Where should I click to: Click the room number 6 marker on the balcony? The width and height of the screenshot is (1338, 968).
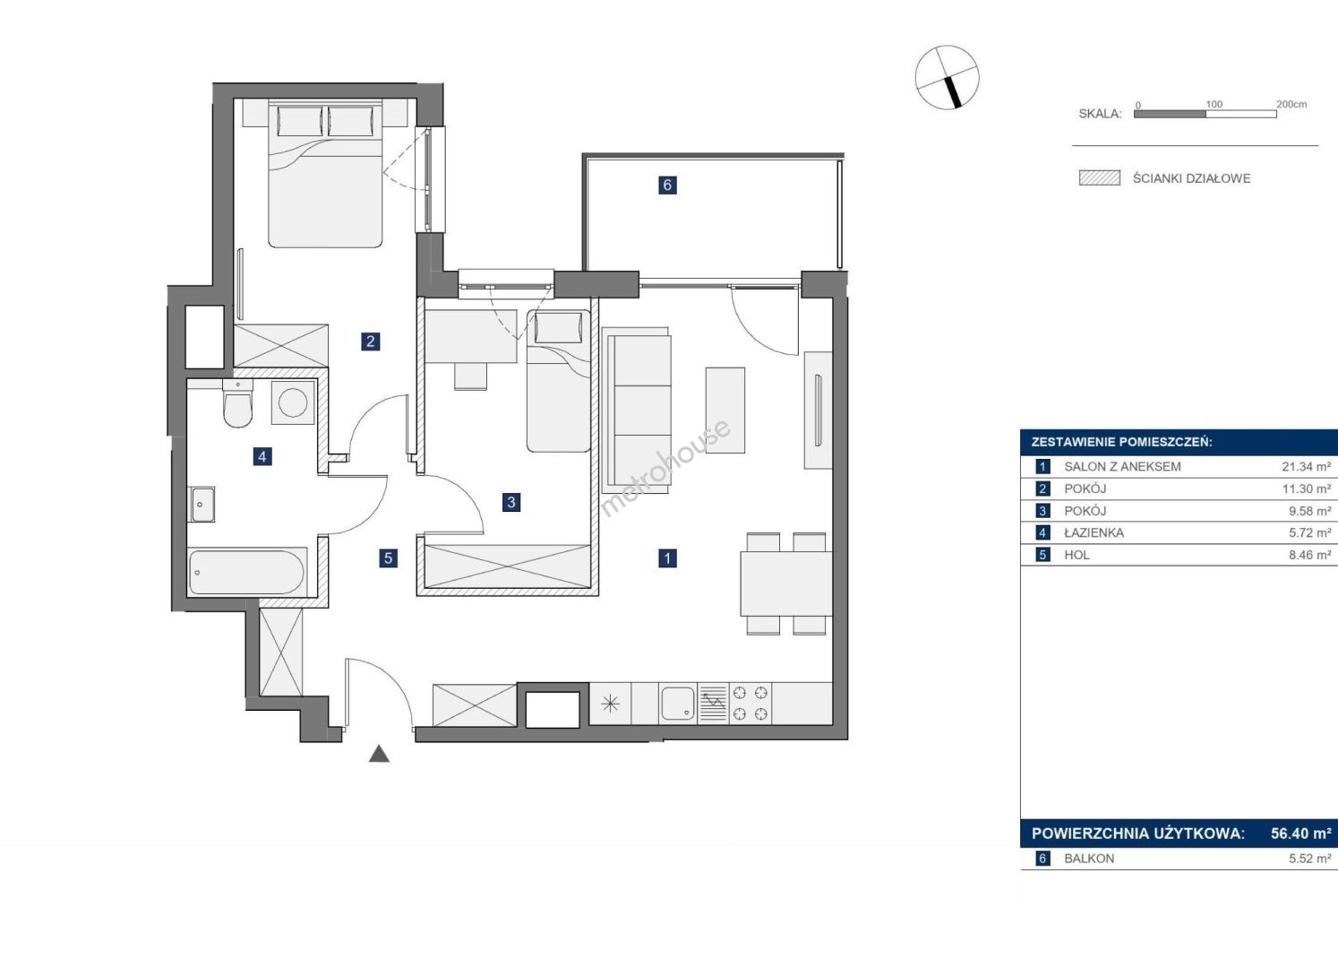click(667, 185)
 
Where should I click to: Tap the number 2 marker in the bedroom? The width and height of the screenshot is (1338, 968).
click(371, 341)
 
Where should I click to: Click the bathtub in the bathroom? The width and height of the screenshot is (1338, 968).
click(246, 572)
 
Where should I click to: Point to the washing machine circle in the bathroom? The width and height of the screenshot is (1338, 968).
click(293, 402)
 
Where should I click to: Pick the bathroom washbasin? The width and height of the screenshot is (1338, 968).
click(202, 504)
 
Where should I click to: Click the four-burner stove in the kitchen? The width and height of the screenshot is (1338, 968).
click(750, 703)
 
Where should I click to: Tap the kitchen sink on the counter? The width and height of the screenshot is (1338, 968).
click(677, 703)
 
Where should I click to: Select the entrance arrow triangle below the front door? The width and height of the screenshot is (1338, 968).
click(379, 754)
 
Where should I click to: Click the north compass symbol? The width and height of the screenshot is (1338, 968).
click(948, 77)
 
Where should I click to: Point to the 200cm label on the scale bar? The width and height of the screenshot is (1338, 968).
click(1291, 104)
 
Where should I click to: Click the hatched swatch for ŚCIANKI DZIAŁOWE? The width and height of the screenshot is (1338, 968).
click(1099, 178)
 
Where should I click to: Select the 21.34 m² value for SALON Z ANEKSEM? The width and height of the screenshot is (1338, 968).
click(1307, 466)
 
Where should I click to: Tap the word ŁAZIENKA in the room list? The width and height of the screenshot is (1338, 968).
click(1094, 532)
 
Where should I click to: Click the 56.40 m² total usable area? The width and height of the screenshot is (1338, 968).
click(1301, 834)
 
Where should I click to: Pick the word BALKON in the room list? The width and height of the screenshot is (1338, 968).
click(1089, 859)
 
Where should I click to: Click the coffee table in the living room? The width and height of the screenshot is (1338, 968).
click(725, 411)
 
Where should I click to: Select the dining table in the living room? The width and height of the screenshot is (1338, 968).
click(786, 583)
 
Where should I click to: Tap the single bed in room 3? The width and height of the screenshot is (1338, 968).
click(559, 381)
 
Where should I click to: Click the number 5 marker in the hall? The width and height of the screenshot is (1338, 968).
click(389, 558)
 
